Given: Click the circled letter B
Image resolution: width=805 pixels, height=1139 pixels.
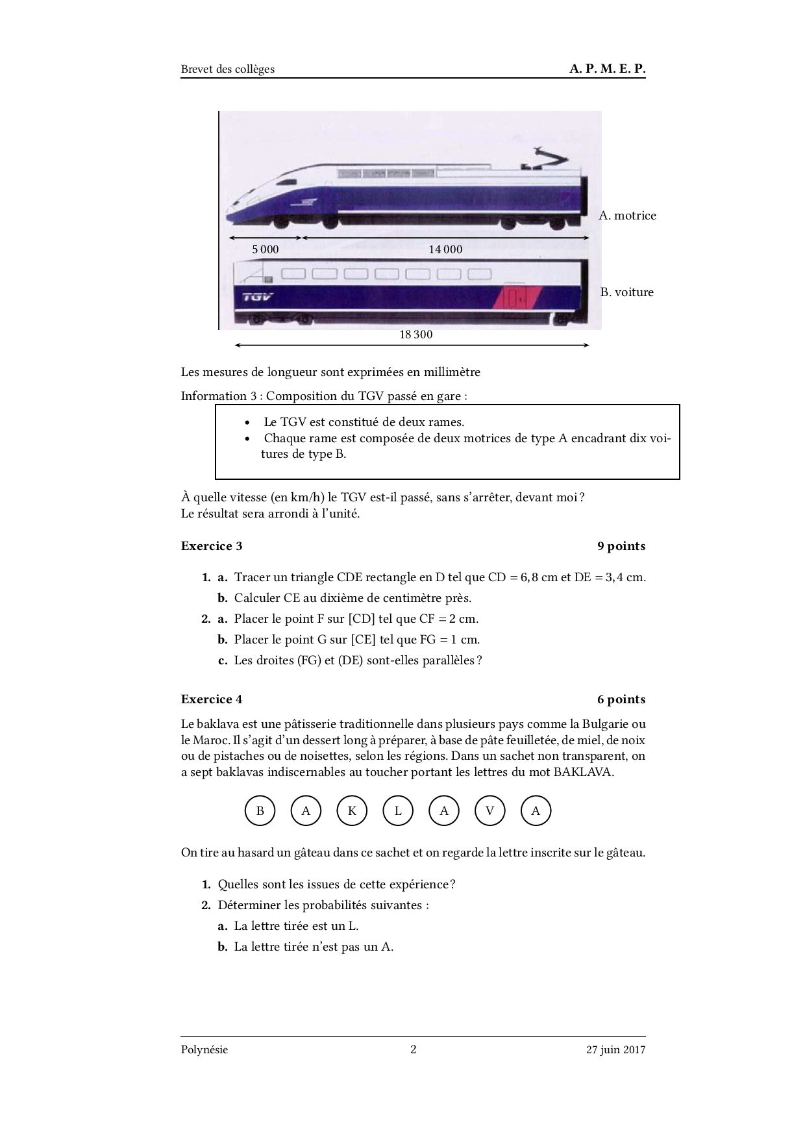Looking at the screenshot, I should [260, 810].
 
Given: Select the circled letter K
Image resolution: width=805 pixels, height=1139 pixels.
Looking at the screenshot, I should [352, 810].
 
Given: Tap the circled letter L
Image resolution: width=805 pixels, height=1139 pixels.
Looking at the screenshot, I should [398, 810].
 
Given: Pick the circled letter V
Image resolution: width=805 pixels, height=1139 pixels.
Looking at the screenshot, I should [490, 810].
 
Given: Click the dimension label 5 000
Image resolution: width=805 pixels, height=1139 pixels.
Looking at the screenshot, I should [265, 249].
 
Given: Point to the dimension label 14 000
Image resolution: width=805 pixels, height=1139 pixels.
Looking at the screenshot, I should [445, 249].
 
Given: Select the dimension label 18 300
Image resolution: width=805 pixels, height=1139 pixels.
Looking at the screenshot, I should [415, 334].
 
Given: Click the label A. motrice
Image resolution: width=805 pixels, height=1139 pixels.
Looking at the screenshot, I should [627, 216].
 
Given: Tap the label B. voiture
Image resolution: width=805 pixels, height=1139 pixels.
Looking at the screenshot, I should [626, 292].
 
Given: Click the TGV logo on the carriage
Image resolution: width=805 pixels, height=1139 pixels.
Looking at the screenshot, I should [258, 297].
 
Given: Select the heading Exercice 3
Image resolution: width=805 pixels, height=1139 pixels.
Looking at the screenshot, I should [212, 546].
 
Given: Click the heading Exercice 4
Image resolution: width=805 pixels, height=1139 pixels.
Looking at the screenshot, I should [212, 699].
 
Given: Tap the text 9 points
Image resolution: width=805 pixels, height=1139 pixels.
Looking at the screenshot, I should [621, 546].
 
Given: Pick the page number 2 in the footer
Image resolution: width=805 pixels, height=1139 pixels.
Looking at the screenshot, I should [414, 1049].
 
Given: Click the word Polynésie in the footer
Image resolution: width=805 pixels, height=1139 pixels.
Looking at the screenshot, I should [204, 1049].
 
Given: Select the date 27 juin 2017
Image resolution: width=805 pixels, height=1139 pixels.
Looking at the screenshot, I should [615, 1049].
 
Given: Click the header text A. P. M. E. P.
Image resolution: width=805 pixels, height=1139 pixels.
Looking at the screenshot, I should [607, 69].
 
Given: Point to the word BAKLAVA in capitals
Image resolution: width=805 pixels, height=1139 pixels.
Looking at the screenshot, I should [583, 772].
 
